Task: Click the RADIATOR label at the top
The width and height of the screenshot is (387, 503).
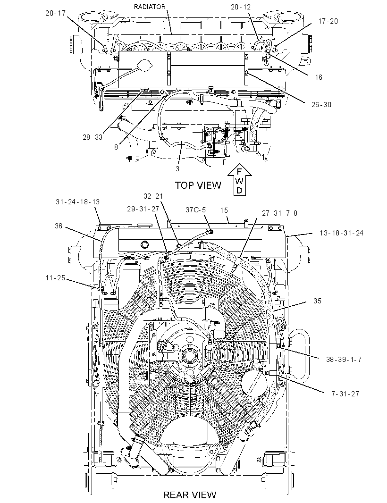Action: pos(150,7)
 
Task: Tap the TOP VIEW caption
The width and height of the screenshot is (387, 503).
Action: pos(198,185)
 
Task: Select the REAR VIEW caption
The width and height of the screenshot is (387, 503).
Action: pos(190,495)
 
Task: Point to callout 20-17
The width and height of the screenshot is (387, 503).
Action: pos(55,13)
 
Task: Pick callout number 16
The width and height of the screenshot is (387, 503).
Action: pos(318,77)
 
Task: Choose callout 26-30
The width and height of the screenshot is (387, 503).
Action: pos(321,105)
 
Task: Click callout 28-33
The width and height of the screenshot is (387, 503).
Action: pos(93,137)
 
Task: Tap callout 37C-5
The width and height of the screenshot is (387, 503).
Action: pos(195,210)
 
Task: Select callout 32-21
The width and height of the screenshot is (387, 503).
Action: pos(153,196)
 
